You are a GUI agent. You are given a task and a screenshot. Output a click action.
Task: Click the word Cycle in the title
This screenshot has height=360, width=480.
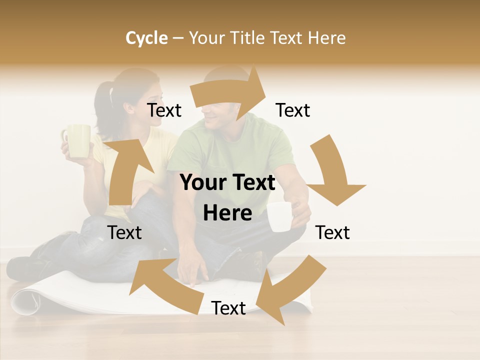pos(146,38)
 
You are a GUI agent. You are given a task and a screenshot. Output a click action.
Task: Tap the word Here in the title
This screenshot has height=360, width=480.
pos(326,38)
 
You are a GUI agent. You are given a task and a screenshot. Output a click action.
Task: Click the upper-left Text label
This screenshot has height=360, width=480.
pos(164,110)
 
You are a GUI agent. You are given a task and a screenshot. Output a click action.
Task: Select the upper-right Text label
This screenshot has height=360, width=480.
pos(293,110)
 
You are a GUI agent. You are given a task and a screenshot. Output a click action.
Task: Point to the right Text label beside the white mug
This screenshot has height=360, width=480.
pos(332,232)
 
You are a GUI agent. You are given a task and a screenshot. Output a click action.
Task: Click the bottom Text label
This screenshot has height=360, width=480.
pos(228,308)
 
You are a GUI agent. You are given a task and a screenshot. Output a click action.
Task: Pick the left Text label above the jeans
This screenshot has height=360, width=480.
pos(124,232)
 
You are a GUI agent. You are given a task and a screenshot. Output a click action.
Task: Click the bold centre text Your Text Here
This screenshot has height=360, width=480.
pos(228,197)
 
